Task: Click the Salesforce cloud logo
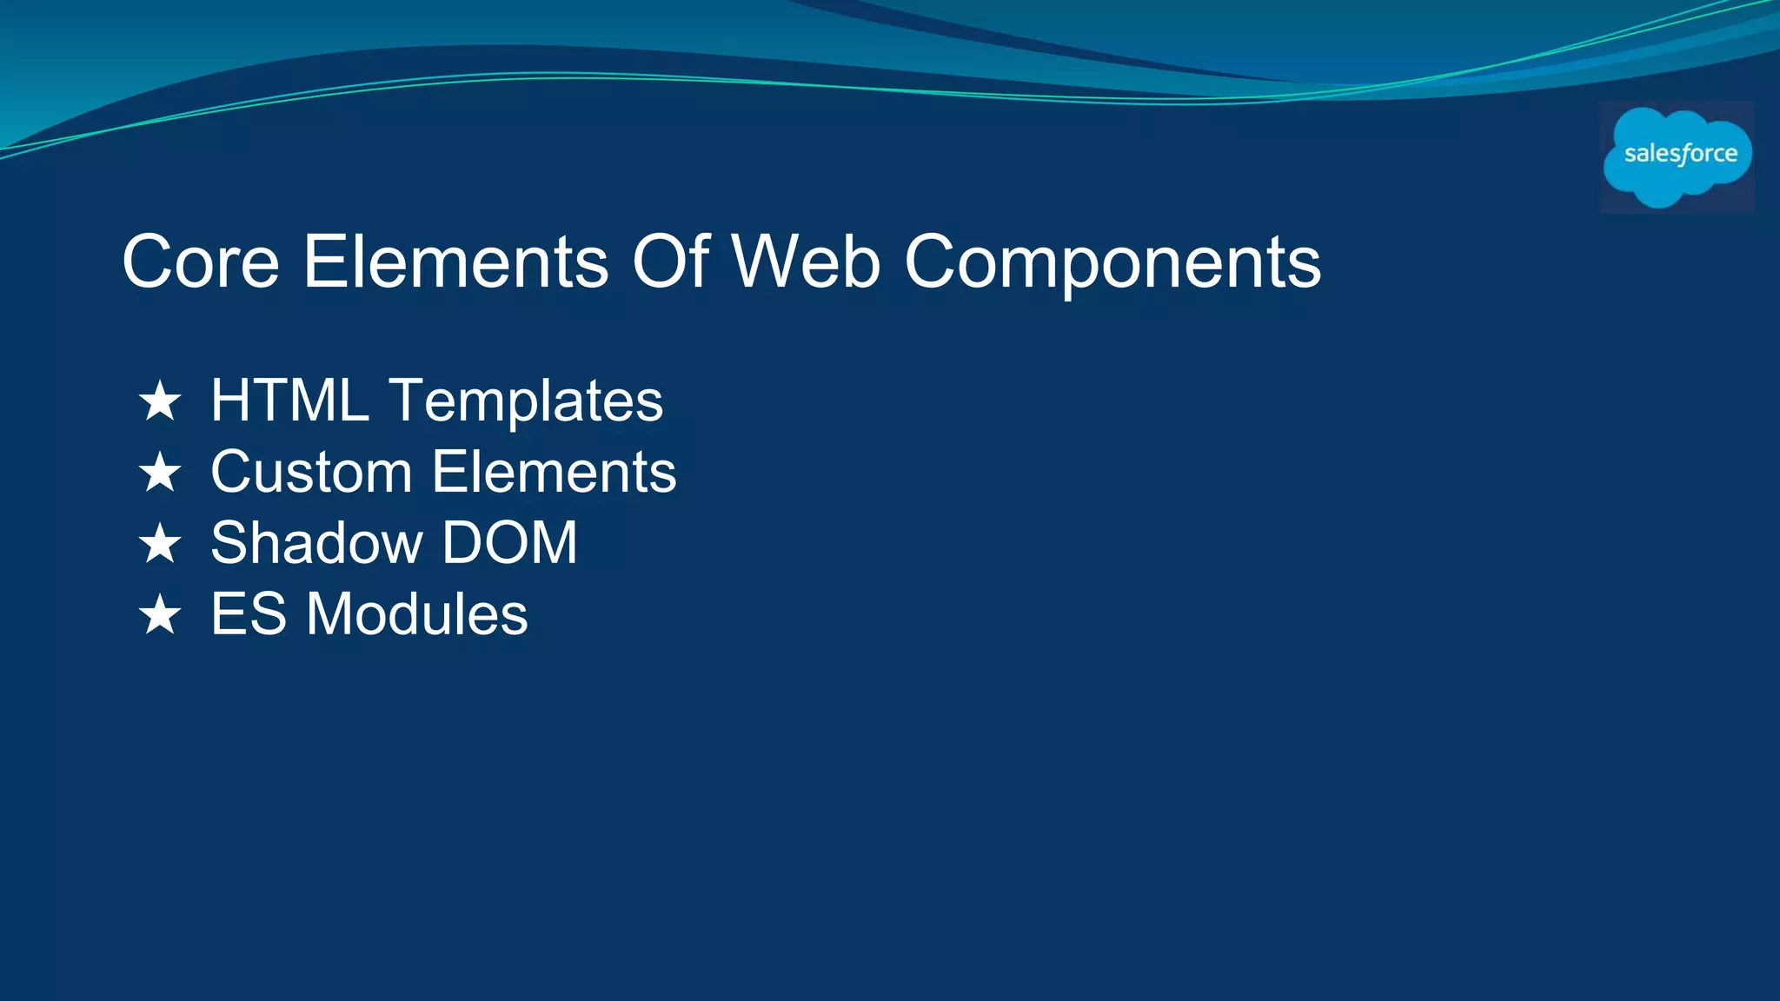tap(1677, 157)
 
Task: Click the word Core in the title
tap(201, 262)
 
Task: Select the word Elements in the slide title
tap(455, 262)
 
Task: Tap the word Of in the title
tap(670, 262)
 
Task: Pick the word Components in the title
tap(1112, 263)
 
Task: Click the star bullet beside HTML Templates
tap(160, 401)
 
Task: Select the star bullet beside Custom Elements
tap(160, 473)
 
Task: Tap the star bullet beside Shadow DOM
tap(160, 544)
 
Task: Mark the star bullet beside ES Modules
tap(160, 615)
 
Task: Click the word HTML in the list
tap(290, 401)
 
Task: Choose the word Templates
tap(527, 402)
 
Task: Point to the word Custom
tap(311, 472)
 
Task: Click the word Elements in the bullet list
tap(555, 472)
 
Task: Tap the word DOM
tap(510, 543)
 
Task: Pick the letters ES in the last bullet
tap(249, 614)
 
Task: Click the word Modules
tap(417, 614)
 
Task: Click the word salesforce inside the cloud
tap(1680, 154)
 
